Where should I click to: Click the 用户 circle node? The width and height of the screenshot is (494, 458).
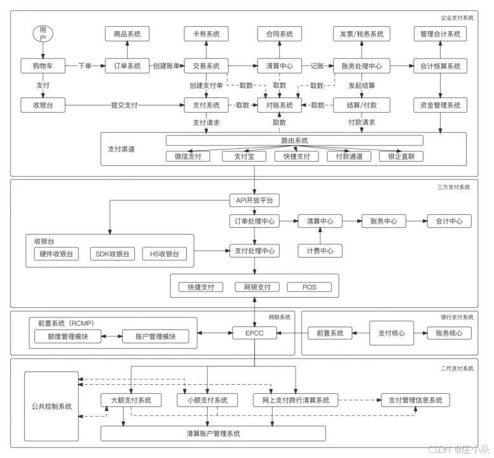[43, 34]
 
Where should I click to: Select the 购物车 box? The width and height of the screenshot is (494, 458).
[42, 66]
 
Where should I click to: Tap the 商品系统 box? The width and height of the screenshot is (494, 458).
[127, 34]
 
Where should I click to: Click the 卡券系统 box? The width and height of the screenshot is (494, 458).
[206, 34]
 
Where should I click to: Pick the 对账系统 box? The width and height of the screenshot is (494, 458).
[279, 105]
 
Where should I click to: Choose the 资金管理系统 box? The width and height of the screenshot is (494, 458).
[441, 105]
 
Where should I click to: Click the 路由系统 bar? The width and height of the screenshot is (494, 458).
[294, 141]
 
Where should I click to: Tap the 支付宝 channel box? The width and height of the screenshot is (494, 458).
[244, 156]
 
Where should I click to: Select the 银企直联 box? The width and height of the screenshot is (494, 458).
[401, 156]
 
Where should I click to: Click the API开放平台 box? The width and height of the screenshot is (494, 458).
[254, 201]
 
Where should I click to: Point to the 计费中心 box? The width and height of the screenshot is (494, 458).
[320, 251]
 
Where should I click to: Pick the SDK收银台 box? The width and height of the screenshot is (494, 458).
[112, 254]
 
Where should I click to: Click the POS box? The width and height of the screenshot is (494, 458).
[310, 287]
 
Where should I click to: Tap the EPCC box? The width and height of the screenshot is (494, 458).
[254, 332]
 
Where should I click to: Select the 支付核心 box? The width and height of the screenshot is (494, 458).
[392, 333]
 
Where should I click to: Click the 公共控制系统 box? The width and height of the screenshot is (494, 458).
[51, 406]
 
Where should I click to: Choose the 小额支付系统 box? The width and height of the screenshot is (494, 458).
[207, 400]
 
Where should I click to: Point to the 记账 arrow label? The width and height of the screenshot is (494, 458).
[317, 66]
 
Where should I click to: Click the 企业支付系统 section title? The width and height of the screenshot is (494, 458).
[456, 18]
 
